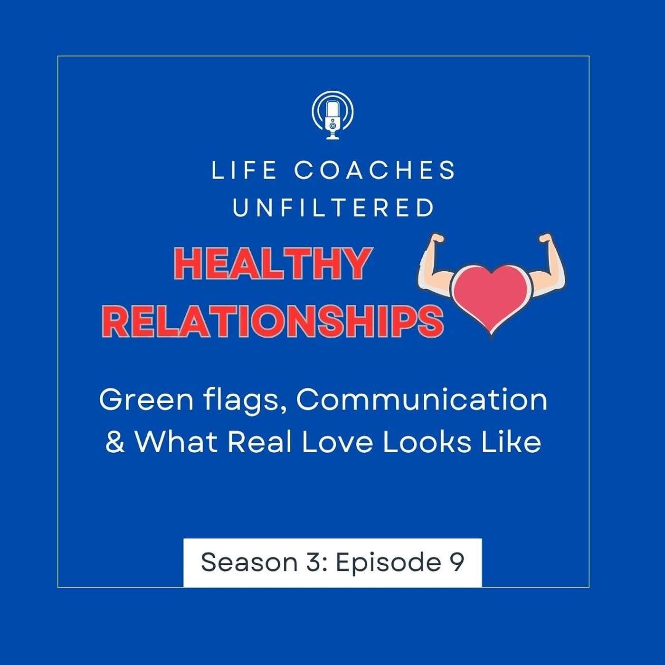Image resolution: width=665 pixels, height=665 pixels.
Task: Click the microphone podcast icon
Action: point(332,115)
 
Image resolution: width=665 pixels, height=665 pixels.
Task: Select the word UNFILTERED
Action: point(333,208)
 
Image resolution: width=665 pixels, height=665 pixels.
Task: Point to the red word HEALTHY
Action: point(272,265)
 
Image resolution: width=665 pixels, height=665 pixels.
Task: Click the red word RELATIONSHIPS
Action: point(273,321)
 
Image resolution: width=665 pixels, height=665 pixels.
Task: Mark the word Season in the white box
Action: point(249,562)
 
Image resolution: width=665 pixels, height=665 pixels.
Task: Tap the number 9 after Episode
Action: point(457,562)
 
